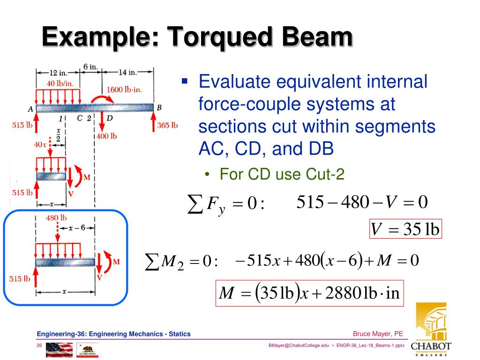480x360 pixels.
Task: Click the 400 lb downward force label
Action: coord(107,136)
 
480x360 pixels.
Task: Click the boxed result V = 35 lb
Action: coord(405,229)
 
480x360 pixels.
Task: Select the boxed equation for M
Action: coord(309,293)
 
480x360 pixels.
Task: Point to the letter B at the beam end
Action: coord(159,107)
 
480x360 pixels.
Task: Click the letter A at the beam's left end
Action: coord(30,109)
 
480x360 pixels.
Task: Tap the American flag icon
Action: coord(60,349)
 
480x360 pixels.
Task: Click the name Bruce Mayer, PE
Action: coord(378,334)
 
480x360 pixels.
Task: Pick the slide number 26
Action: coord(40,345)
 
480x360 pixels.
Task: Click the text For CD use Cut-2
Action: coord(282,175)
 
